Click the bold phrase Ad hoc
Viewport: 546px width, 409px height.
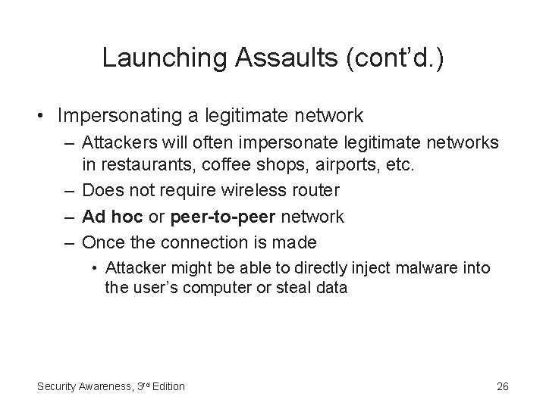pos(106,217)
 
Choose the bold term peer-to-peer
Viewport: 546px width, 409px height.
pos(224,217)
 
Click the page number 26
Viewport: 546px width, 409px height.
pos(502,386)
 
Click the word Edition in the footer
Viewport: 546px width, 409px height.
pos(168,386)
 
